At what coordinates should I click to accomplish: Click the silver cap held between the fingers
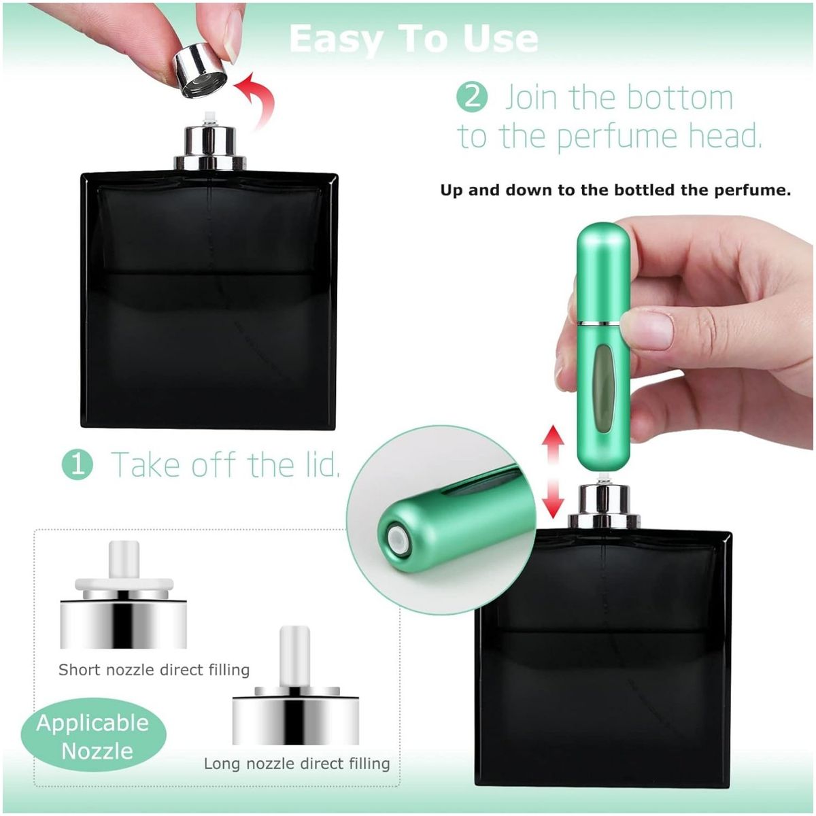click(201, 71)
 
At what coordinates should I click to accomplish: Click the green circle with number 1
click(78, 464)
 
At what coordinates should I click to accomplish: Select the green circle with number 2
click(473, 97)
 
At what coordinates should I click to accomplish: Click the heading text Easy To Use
click(413, 39)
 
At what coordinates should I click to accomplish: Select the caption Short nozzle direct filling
click(154, 670)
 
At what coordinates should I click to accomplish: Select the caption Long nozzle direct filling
click(297, 764)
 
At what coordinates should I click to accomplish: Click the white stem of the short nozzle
click(124, 558)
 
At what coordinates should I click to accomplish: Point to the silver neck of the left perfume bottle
click(210, 146)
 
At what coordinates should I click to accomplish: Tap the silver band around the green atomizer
click(602, 323)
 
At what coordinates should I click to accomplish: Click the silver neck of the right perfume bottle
click(603, 507)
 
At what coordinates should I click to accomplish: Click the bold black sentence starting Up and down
click(615, 190)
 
